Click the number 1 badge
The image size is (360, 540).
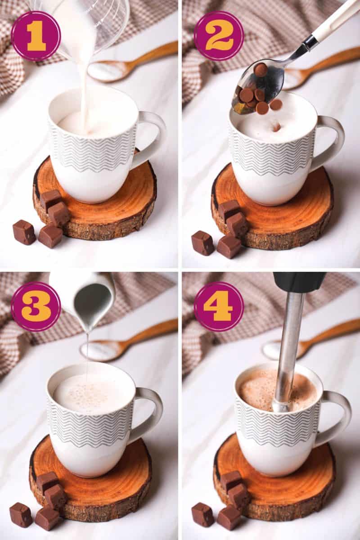click(36, 36)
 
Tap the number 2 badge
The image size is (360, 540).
click(219, 36)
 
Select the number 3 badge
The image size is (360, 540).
click(36, 306)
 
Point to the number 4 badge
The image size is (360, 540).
click(219, 306)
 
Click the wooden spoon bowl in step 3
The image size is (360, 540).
click(101, 349)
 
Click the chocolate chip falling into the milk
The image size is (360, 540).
click(276, 127)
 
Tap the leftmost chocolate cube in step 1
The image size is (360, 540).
click(24, 232)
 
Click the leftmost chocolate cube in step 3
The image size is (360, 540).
click(21, 514)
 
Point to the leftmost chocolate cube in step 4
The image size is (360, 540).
click(203, 514)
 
